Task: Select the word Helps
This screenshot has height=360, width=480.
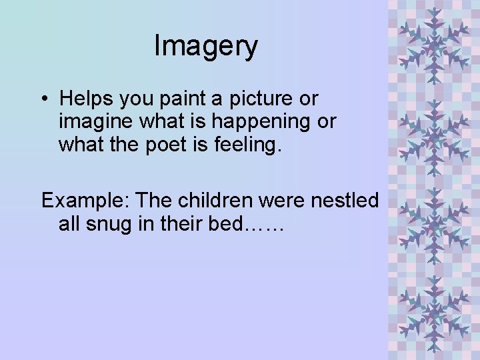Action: coord(85,99)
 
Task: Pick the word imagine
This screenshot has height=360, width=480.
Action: coord(95,122)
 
